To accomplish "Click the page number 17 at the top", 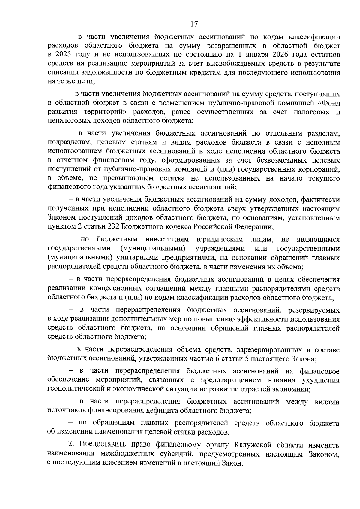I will pos(194,24).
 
